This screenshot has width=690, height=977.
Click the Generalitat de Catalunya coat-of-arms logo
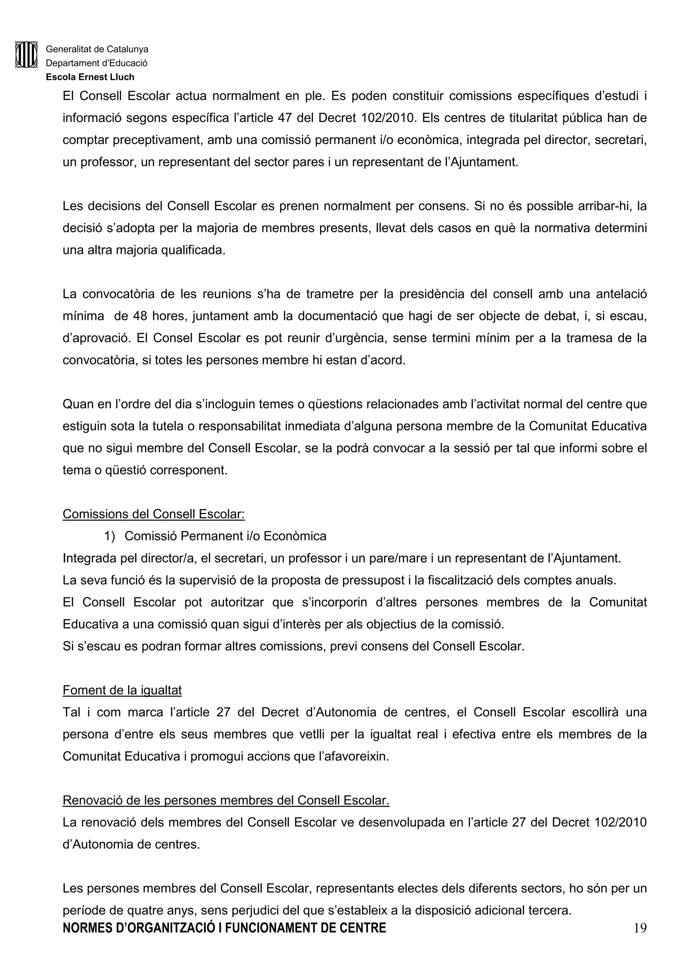tap(26, 55)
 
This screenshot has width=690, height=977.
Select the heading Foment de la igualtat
tap(122, 690)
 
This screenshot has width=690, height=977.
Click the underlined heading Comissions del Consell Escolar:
tap(154, 514)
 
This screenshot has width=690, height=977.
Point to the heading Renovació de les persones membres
tap(226, 800)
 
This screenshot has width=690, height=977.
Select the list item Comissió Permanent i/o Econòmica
tap(225, 536)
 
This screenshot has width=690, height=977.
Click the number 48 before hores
tap(140, 316)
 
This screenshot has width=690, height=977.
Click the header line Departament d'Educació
tap(96, 63)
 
